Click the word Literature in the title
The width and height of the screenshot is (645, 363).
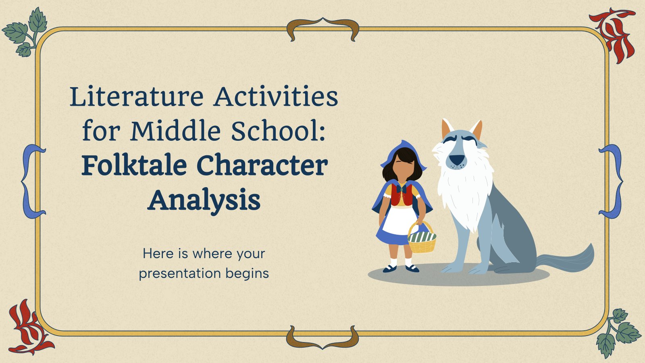pos(137,97)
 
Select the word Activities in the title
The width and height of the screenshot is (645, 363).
pos(276,97)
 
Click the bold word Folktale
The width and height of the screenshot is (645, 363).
pos(134,166)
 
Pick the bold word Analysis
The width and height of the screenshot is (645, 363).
pos(204,200)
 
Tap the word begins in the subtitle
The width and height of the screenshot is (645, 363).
pos(247,274)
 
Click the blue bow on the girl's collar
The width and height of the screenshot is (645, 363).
pos(402,188)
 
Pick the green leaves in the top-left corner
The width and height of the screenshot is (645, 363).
pos(26,32)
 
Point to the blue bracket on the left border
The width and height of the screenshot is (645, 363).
pos(33,181)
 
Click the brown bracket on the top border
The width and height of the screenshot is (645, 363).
pos(322,28)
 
